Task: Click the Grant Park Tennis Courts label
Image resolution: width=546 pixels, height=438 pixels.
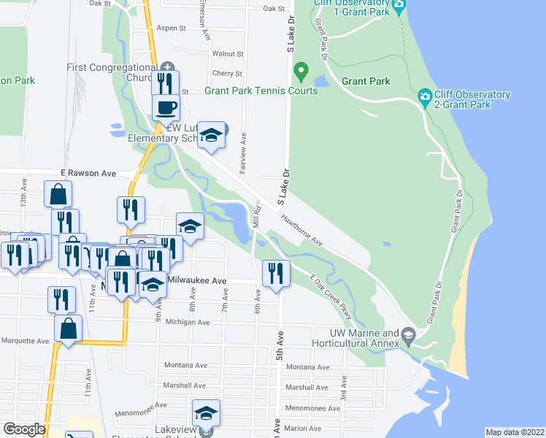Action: pos(261,91)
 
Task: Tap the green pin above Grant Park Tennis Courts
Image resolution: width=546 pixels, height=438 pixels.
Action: pos(299,72)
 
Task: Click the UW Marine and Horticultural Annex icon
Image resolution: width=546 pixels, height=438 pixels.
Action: pos(407,337)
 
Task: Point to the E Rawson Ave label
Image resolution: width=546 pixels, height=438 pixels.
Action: pos(89,174)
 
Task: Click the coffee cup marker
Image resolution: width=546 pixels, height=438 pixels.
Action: pos(165,107)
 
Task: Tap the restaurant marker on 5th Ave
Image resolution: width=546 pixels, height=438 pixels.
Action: pos(275,273)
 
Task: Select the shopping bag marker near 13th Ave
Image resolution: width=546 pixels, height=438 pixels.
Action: pos(58,195)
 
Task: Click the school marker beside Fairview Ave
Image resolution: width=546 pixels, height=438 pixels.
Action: pos(211,135)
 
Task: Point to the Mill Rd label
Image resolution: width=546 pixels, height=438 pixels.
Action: pos(256,221)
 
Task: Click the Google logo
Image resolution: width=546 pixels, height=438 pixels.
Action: pos(24,429)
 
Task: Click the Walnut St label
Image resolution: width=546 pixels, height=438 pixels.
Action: pos(227,54)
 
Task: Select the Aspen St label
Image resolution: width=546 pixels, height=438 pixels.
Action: pos(172,28)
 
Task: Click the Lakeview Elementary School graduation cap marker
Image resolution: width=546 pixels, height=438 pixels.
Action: pos(207,413)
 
